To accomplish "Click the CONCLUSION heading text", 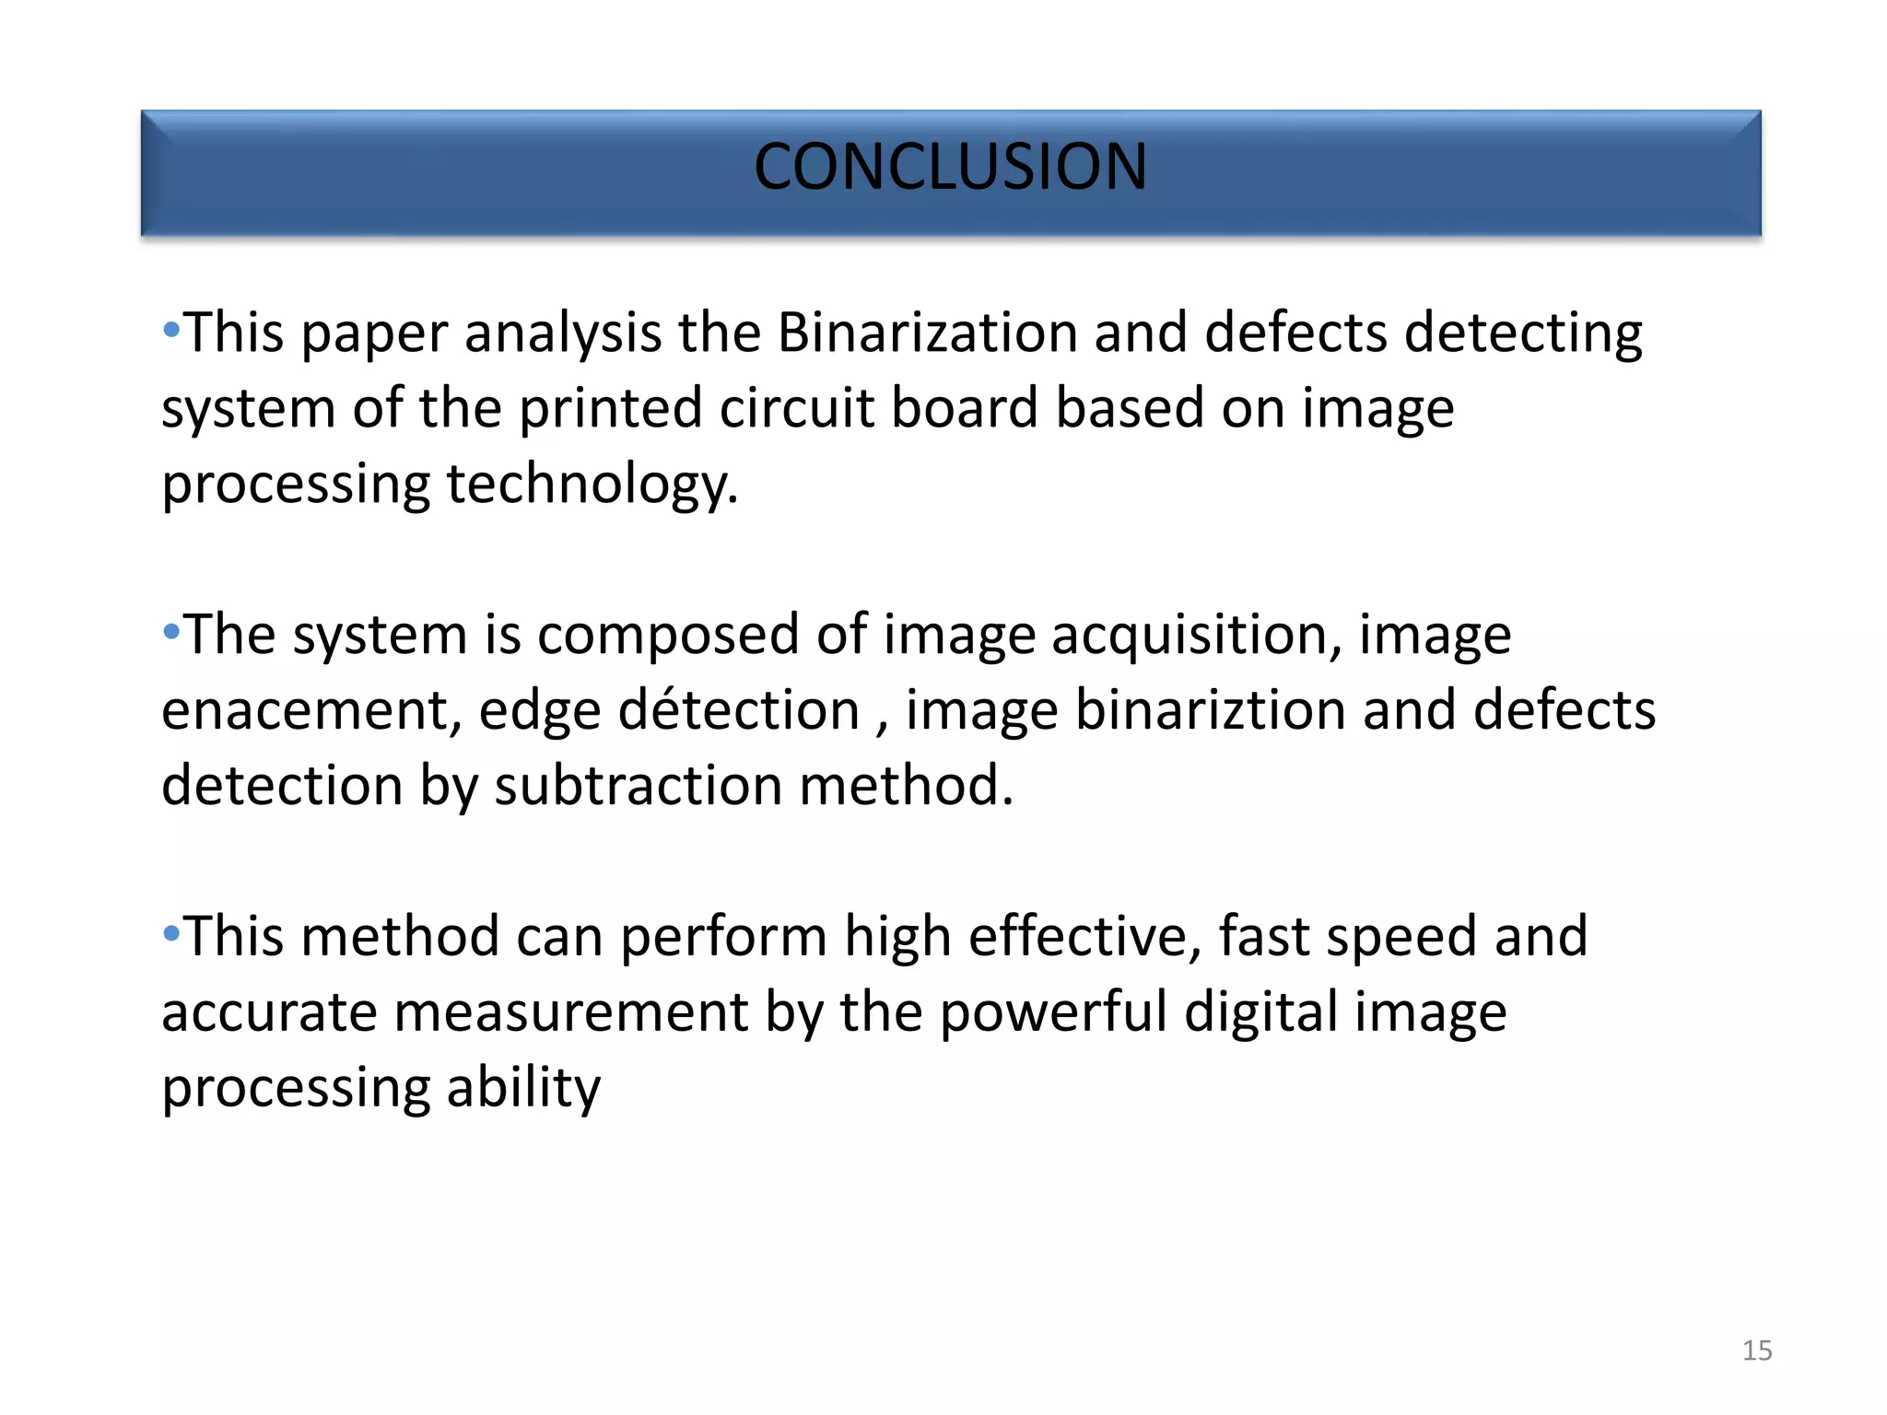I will coord(950,168).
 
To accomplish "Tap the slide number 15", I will coord(1756,1351).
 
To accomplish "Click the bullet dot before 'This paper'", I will coord(171,329).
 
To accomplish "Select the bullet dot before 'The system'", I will coord(171,631).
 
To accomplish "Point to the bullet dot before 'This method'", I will coord(171,933).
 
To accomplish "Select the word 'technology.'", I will coord(592,485).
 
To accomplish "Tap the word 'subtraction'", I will coord(639,786).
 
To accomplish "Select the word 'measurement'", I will coord(571,1012).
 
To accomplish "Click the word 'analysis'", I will coord(563,333).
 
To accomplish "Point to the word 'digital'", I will coord(1260,1013).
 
